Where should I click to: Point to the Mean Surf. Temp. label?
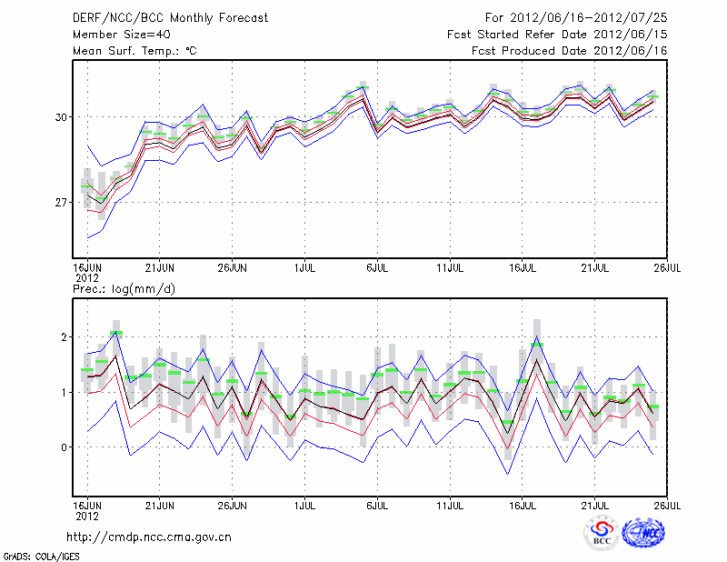point(134,51)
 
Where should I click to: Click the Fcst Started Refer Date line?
point(557,34)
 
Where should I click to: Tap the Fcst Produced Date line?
point(570,51)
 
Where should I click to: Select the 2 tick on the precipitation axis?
point(65,337)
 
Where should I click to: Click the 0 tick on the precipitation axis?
point(65,447)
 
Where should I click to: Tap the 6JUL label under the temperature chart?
point(378,267)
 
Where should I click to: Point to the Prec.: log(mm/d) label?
point(124,288)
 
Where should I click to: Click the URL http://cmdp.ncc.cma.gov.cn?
point(149,537)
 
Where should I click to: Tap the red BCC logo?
point(602,534)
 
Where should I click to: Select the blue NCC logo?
point(646,533)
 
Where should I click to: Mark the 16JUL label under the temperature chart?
point(523,267)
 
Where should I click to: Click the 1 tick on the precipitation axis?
point(65,393)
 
